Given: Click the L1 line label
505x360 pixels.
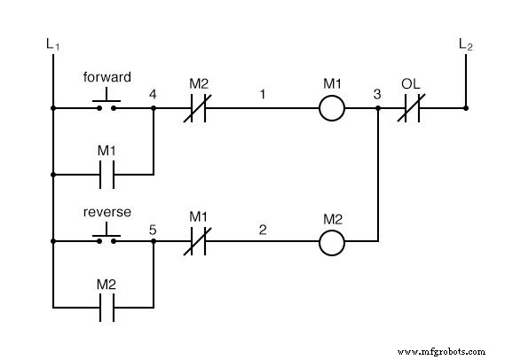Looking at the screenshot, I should pyautogui.click(x=52, y=43).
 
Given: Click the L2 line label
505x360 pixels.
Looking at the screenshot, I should pyautogui.click(x=465, y=43).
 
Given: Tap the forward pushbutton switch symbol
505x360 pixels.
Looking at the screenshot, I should pyautogui.click(x=107, y=104).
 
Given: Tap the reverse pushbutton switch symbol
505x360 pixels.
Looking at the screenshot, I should pyautogui.click(x=107, y=236).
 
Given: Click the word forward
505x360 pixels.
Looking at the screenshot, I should pyautogui.click(x=107, y=77).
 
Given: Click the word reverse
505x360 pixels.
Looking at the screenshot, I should pyautogui.click(x=107, y=212).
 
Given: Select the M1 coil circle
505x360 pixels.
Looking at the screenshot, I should pyautogui.click(x=332, y=109).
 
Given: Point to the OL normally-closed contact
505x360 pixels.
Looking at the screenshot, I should pyautogui.click(x=410, y=109).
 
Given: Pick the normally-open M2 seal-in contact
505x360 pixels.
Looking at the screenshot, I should pyautogui.click(x=107, y=308).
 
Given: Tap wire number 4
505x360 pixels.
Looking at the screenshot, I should pyautogui.click(x=154, y=93).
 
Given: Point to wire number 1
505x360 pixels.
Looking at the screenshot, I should pyautogui.click(x=263, y=93).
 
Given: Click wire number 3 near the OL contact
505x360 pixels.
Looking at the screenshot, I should pyautogui.click(x=377, y=93).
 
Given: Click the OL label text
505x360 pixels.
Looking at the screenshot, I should pyautogui.click(x=409, y=84).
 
